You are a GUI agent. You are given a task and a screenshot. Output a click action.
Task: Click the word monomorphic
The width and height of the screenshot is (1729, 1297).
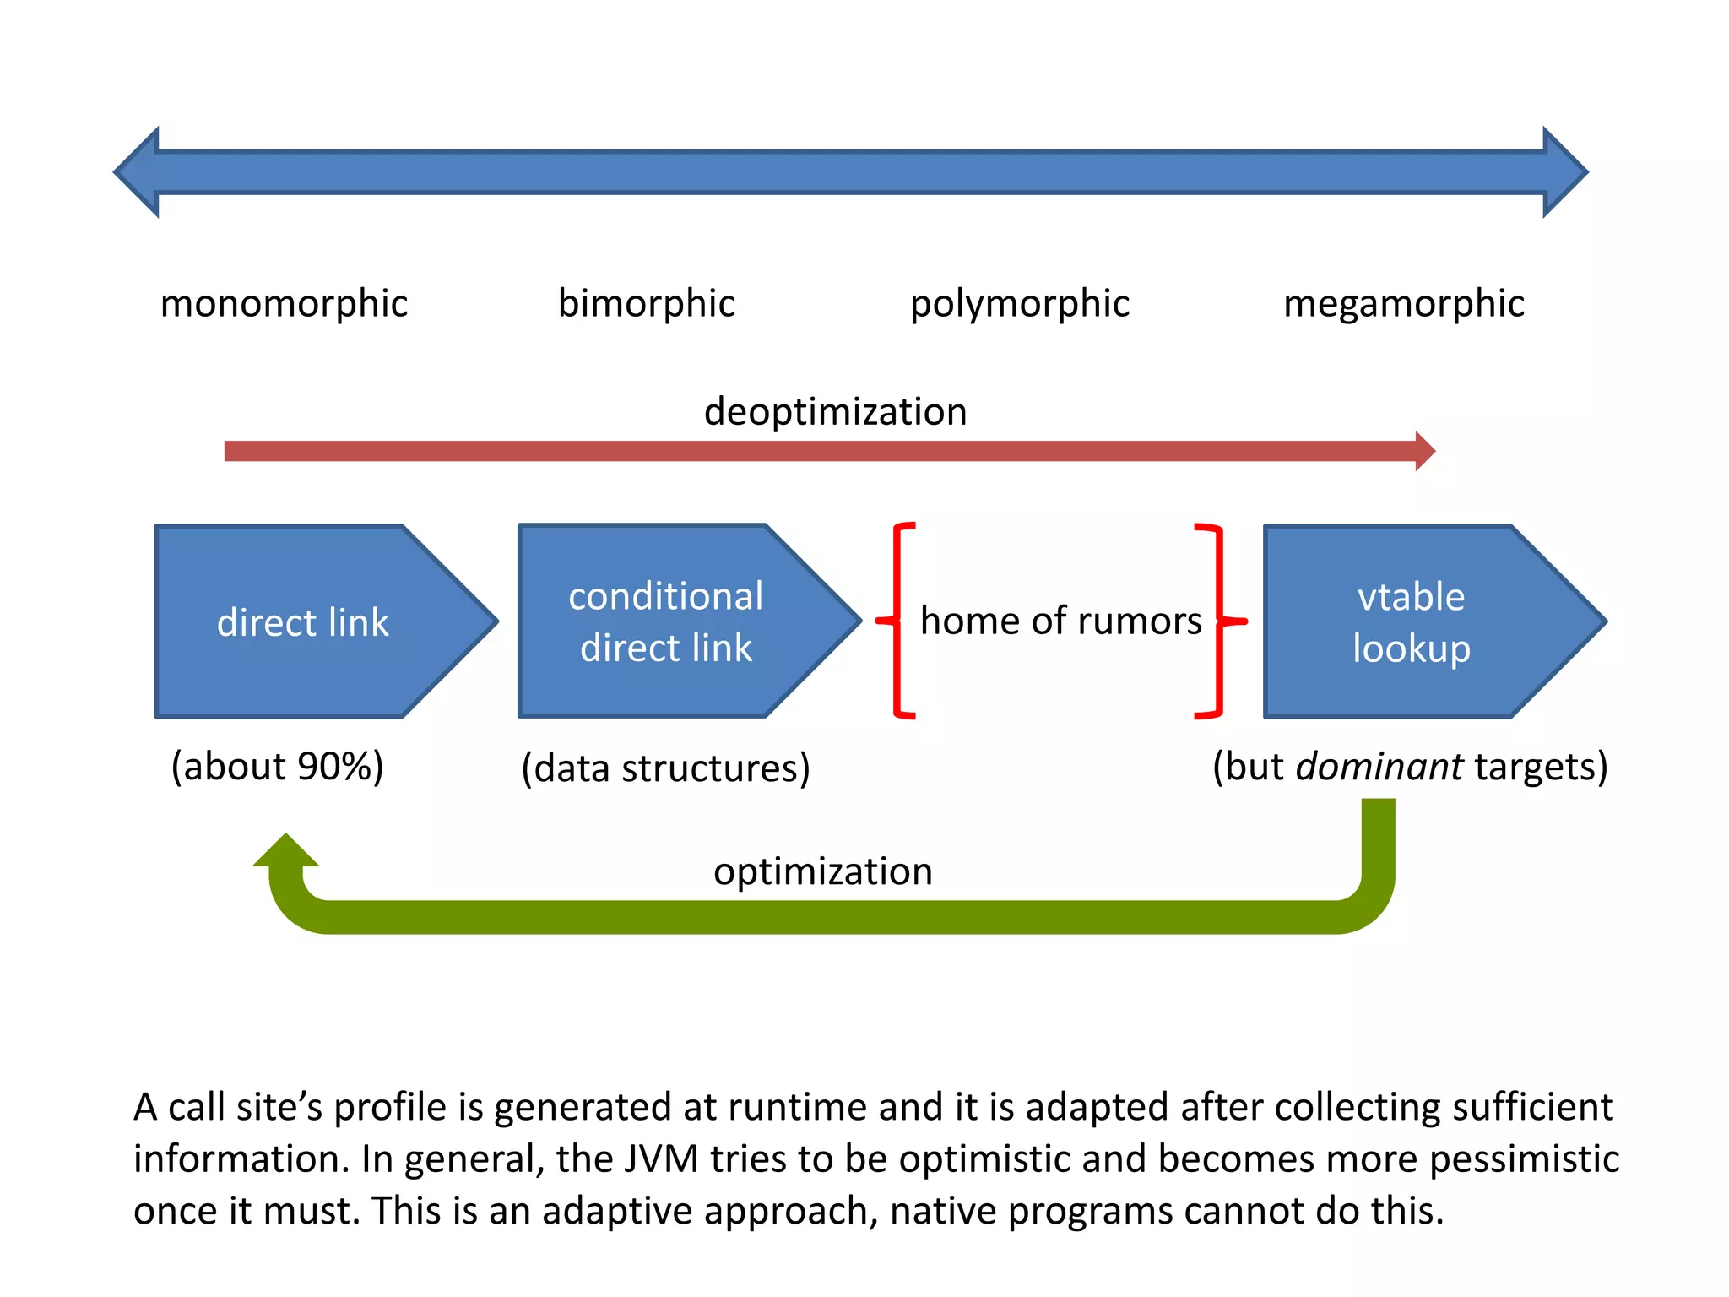284,304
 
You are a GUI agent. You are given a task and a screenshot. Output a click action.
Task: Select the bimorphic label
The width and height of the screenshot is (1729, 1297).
646,303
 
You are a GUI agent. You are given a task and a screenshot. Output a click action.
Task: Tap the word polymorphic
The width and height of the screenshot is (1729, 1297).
1019,304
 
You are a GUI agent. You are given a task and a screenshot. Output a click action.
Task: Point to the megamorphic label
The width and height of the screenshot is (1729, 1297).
1403,304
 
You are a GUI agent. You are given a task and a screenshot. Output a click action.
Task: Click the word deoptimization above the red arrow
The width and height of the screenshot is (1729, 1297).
835,412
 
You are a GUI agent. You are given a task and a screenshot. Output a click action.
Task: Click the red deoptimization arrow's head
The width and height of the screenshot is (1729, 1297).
1424,451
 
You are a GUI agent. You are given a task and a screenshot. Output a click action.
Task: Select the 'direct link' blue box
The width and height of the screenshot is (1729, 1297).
304,622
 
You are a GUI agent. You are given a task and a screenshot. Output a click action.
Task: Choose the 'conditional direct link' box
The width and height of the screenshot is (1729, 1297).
666,622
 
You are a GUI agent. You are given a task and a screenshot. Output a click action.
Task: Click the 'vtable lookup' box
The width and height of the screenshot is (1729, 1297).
1412,622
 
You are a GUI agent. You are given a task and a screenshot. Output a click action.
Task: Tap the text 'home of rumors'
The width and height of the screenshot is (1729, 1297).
1060,621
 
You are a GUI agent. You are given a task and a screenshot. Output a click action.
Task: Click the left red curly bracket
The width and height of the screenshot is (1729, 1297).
897,621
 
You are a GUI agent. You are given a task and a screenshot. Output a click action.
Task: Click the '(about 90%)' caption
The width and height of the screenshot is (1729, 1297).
277,767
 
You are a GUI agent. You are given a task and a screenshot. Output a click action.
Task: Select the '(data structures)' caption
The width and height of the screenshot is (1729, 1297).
665,768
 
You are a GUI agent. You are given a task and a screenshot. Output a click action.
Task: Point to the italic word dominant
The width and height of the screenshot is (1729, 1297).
1379,767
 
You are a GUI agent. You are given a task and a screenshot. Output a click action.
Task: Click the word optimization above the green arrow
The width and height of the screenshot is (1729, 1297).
822,871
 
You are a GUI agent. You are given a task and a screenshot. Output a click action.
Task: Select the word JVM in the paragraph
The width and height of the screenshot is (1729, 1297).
661,1159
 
